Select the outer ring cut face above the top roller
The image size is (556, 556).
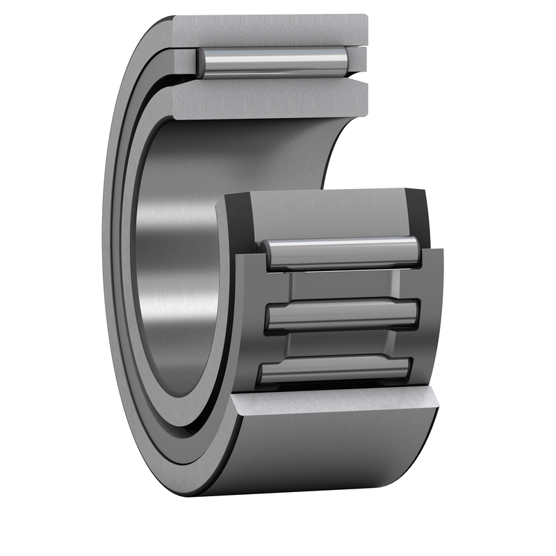point(271,29)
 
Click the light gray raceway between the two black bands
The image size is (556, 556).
point(327,212)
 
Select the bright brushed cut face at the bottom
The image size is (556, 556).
point(334,407)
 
